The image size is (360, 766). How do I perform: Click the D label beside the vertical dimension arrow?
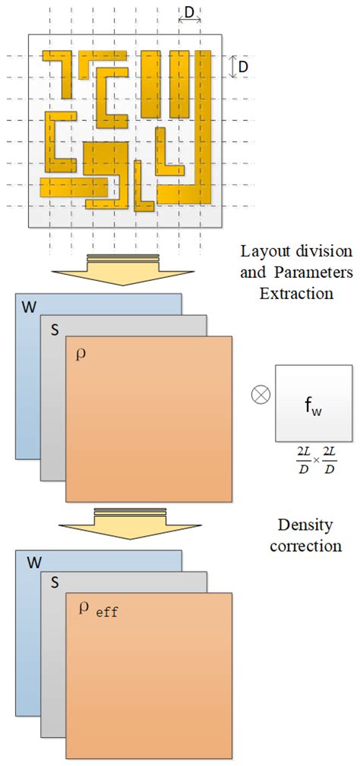(x=243, y=67)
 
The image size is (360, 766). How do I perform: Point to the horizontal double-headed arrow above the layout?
(x=190, y=20)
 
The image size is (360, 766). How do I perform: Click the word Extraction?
(x=295, y=292)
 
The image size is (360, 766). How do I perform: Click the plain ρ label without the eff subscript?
(x=81, y=354)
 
